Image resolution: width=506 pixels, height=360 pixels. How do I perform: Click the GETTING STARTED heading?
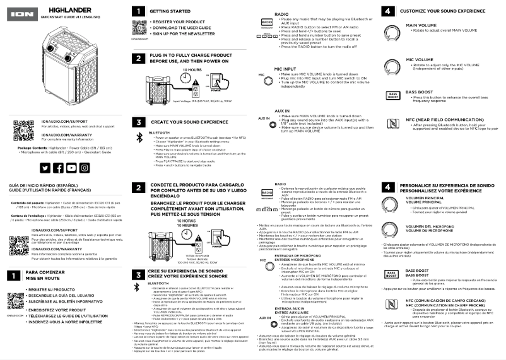click(167, 11)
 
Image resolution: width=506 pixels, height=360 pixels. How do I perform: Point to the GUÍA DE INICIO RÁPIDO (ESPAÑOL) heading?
click(39, 185)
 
